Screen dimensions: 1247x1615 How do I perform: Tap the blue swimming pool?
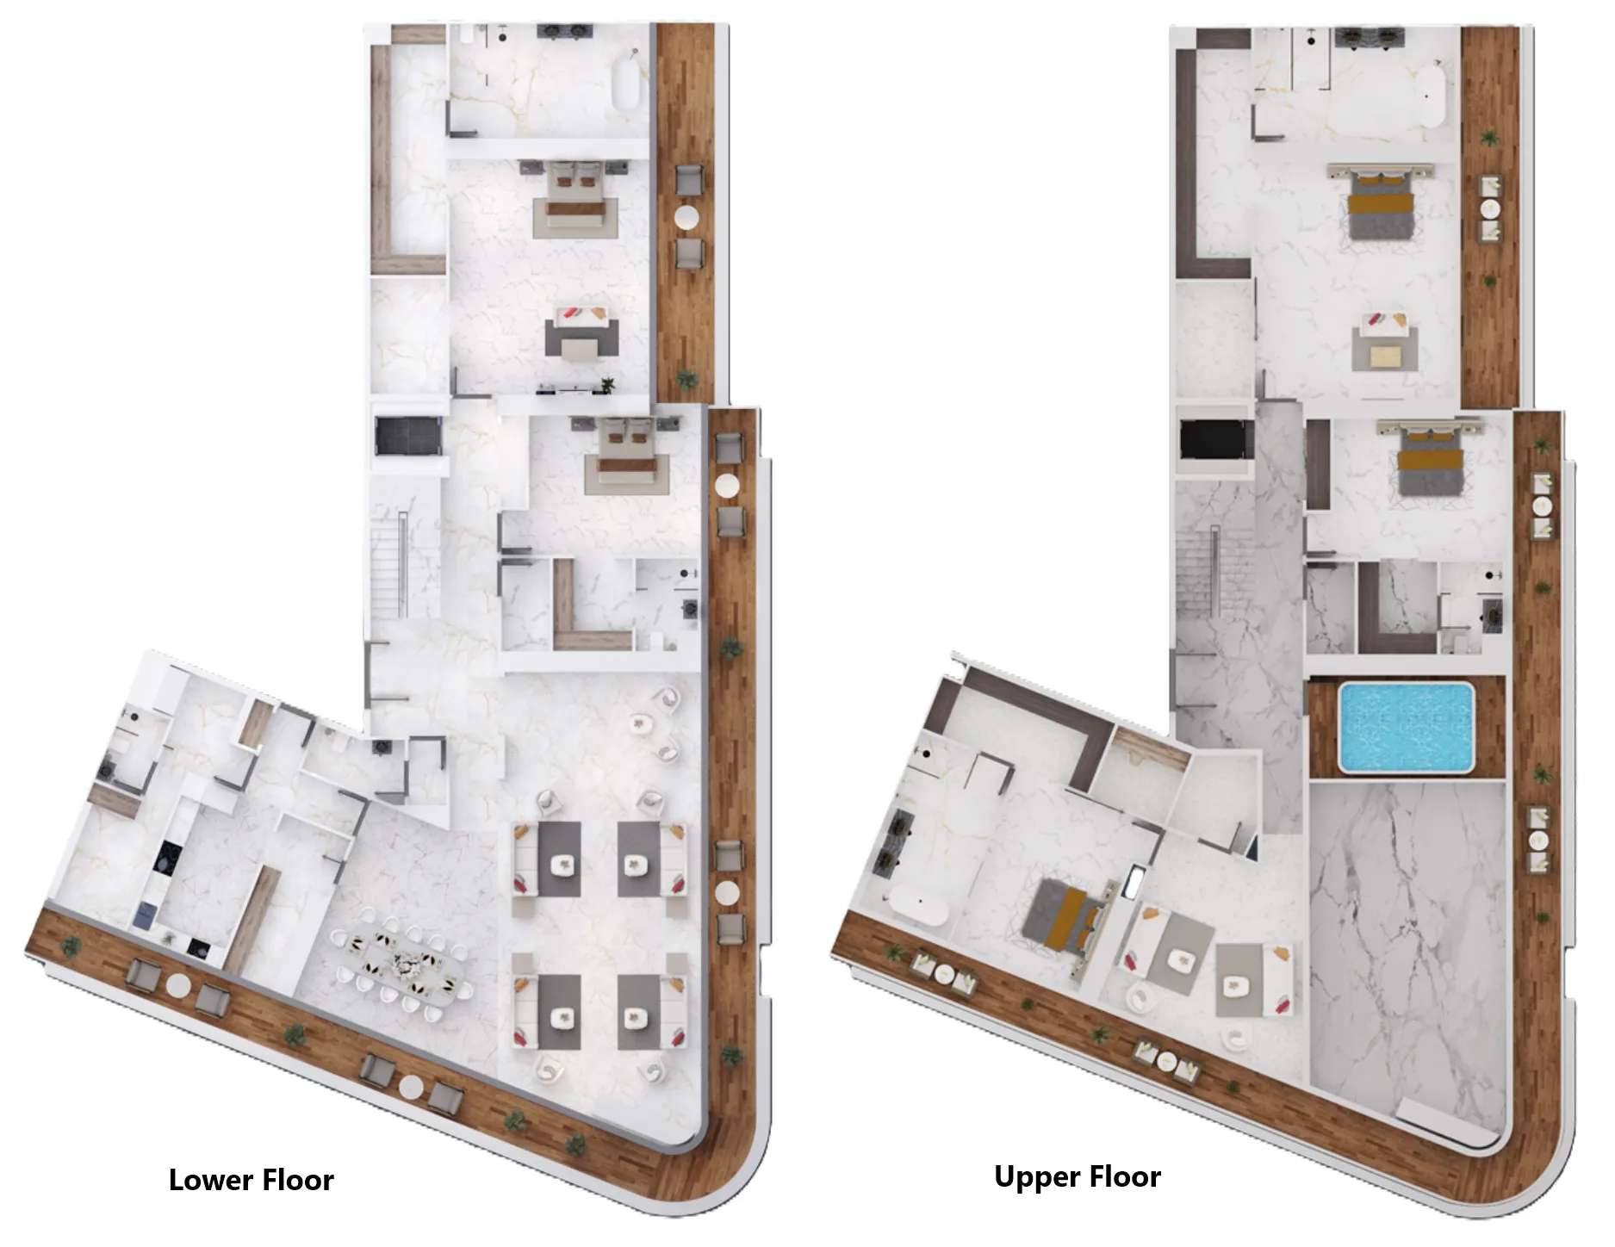click(x=1406, y=726)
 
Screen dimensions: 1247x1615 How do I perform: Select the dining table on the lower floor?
click(x=405, y=962)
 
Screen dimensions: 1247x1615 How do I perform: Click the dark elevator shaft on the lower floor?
click(x=408, y=435)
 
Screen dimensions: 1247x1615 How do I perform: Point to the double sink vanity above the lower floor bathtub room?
click(x=563, y=32)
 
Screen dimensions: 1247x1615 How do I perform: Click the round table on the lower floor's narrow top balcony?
click(x=686, y=218)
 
